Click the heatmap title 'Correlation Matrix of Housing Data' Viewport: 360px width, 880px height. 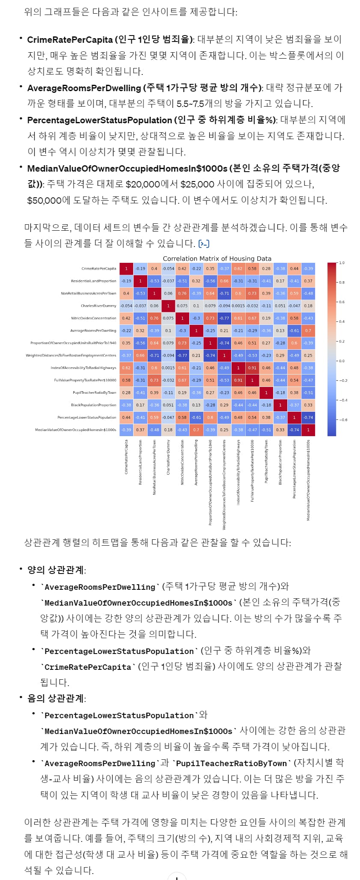tap(217, 259)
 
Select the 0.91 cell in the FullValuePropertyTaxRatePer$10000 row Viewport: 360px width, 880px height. tap(238, 380)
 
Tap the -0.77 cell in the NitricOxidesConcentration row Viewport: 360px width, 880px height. tap(224, 318)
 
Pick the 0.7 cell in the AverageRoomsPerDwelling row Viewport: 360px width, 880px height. tap(308, 330)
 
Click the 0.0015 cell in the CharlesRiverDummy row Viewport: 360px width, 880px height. tap(238, 306)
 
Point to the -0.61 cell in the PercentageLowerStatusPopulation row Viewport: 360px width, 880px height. tap(196, 417)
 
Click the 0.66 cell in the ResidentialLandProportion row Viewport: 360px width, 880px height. tap(224, 281)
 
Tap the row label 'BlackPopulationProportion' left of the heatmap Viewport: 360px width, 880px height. tap(93, 405)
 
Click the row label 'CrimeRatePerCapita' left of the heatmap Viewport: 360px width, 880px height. tap(98, 269)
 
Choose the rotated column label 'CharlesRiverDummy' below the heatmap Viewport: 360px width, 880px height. tap(168, 457)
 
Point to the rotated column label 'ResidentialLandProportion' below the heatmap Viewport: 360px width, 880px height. tap(140, 462)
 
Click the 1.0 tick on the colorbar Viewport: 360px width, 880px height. tap(342, 263)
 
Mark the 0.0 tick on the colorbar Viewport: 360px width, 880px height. tap(342, 361)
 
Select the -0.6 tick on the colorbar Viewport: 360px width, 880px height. tap(343, 420)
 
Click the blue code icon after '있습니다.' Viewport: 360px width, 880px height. tap(204, 244)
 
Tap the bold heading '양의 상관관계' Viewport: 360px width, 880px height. tap(56, 570)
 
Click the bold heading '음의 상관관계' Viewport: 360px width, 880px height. tap(56, 699)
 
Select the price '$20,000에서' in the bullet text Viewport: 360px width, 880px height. tap(152, 184)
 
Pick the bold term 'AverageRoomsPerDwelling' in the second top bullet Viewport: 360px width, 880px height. tap(84, 88)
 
